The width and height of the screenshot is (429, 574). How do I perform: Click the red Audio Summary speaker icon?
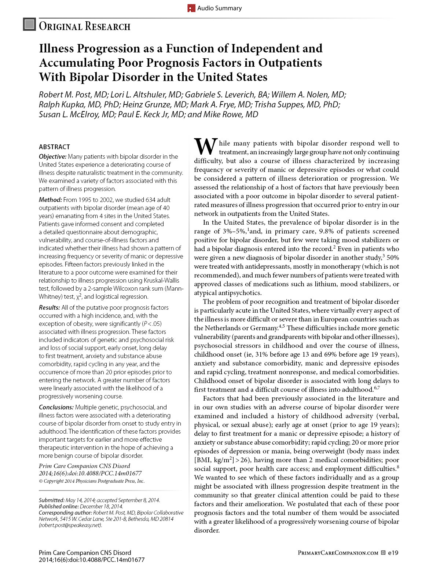pos(191,8)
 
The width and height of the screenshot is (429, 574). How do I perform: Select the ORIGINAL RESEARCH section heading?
pos(85,26)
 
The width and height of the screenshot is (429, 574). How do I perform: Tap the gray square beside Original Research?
pos(29,24)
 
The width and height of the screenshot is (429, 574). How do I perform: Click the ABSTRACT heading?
pos(54,147)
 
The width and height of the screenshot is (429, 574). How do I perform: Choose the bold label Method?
pos(50,200)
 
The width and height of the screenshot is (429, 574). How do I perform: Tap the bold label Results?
pos(49,308)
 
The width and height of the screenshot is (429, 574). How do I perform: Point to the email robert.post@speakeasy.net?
pos(70,525)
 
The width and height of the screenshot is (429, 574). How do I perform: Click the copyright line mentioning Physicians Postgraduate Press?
pos(92,481)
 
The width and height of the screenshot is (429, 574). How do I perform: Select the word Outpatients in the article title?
pos(290,63)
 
